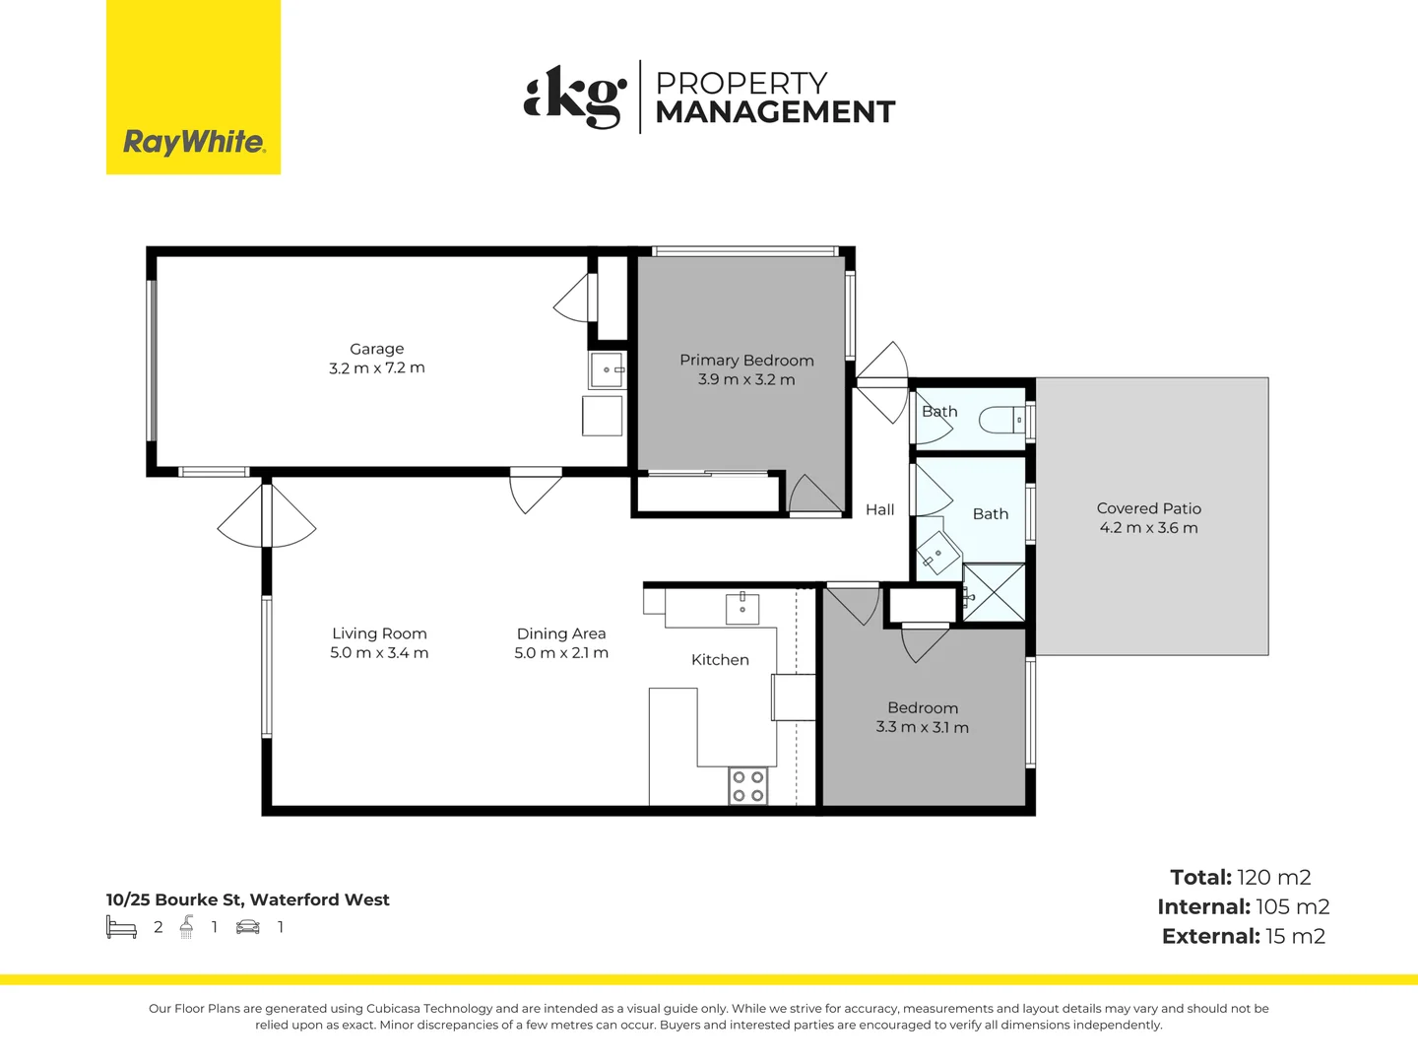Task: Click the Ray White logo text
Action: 194,142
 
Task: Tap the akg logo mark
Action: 575,97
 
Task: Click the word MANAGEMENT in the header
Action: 775,111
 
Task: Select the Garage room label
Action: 376,349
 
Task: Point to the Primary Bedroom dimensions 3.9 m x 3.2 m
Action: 746,379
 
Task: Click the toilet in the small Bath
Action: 1001,421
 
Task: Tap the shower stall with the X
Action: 994,592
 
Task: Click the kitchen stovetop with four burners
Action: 748,785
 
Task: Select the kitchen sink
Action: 742,609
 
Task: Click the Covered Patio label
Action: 1148,508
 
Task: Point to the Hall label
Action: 880,509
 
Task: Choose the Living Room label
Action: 379,633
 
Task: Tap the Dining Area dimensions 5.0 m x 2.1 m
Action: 561,652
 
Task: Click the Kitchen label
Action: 720,660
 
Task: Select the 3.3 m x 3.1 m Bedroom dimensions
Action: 922,727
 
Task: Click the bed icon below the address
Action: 121,927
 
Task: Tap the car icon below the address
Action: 248,928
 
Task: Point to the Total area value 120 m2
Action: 1274,877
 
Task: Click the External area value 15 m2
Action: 1295,936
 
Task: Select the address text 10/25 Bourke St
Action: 174,899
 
